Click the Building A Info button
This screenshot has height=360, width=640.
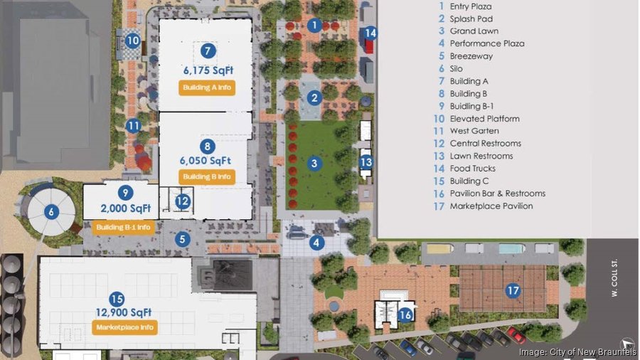pyautogui.click(x=206, y=88)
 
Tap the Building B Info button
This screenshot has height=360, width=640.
pyautogui.click(x=206, y=176)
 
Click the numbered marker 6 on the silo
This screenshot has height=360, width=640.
pyautogui.click(x=50, y=211)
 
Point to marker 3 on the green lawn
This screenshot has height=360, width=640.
pyautogui.click(x=314, y=164)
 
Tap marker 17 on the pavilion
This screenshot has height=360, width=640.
pyautogui.click(x=512, y=290)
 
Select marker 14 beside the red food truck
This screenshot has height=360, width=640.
pyautogui.click(x=370, y=32)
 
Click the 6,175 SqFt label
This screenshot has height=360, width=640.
pyautogui.click(x=208, y=70)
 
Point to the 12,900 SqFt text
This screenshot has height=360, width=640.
pyautogui.click(x=124, y=312)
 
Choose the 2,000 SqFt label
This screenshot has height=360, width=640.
pyautogui.click(x=126, y=208)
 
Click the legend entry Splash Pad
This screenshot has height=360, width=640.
pyautogui.click(x=471, y=18)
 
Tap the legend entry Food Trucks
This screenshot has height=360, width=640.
pyautogui.click(x=472, y=169)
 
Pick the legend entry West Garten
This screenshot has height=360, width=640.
pyautogui.click(x=474, y=131)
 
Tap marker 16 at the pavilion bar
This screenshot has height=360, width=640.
pyautogui.click(x=405, y=314)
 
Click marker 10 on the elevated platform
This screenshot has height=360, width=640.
pyautogui.click(x=132, y=41)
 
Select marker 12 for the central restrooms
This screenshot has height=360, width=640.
pyautogui.click(x=183, y=201)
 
